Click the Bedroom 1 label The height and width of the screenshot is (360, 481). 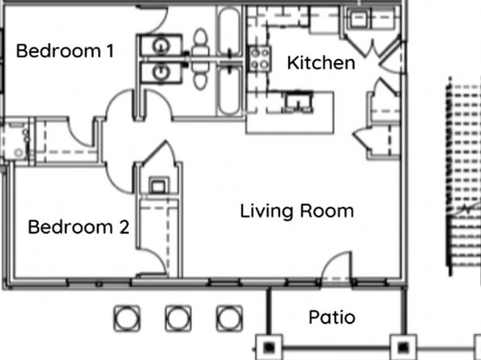coord(65,51)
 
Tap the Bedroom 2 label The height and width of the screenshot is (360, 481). coord(78,227)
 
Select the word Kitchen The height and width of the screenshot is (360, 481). coord(321,63)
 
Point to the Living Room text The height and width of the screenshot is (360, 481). coord(297,211)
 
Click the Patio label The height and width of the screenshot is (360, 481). coord(332,317)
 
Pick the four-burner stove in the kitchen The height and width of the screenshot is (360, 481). coord(260,59)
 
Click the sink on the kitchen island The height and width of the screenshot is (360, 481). coord(299,101)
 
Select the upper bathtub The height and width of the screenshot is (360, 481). coord(228,31)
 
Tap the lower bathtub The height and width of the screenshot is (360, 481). coord(228,90)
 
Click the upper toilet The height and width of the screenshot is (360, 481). coord(201,42)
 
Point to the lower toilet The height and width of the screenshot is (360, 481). coord(201,76)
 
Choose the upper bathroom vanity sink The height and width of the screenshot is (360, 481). coord(160,46)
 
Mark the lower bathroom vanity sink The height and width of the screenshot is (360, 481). coord(160,73)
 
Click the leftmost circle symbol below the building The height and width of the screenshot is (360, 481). coord(127,318)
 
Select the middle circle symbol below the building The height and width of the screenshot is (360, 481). coord(178,318)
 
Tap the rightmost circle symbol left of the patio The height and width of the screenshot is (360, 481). coord(229,318)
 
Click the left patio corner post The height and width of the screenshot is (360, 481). coord(269,347)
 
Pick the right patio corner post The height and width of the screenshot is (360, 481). coord(403,347)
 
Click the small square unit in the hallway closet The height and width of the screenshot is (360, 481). coord(158,186)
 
